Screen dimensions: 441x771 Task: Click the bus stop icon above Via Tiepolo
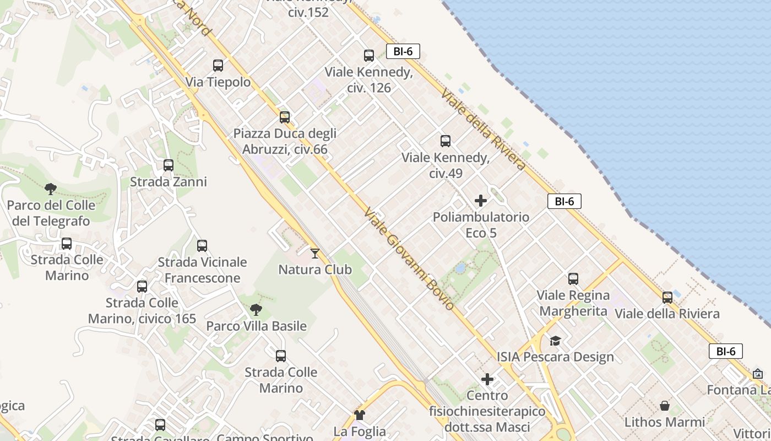point(218,66)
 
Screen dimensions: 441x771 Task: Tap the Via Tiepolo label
point(218,83)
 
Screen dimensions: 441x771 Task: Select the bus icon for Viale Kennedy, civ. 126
point(369,56)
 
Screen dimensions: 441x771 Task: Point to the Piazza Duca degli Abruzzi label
point(285,142)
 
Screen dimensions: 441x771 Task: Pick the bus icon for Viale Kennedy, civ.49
point(446,141)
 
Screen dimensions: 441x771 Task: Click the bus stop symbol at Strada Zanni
point(169,165)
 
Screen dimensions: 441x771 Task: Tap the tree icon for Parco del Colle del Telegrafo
point(51,189)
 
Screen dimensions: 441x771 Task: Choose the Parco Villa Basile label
point(256,326)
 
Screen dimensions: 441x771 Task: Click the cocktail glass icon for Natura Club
point(315,253)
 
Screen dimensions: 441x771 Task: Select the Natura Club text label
point(315,270)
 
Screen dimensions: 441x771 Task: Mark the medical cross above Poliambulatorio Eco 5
point(481,201)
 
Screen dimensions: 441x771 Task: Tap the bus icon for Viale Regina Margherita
point(573,279)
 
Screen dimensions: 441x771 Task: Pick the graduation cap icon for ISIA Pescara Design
point(555,341)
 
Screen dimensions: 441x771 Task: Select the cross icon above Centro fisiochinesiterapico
point(487,379)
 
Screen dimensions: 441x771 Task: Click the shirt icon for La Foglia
point(360,415)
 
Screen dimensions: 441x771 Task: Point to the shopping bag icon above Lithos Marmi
point(665,406)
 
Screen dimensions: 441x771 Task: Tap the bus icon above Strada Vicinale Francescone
point(202,246)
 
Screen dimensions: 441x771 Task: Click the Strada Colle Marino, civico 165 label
point(142,310)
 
